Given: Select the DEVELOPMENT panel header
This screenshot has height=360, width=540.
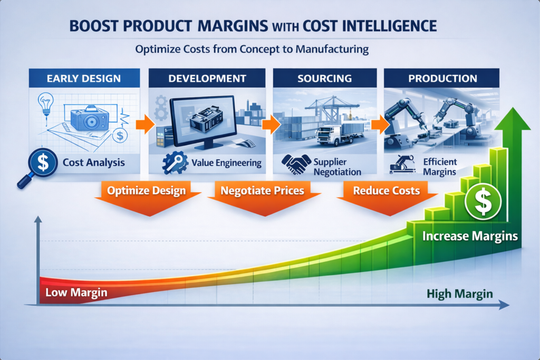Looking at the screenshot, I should tap(207, 79).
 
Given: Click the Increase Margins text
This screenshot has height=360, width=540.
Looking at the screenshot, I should tap(470, 236).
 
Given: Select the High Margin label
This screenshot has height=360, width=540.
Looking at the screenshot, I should tap(459, 293).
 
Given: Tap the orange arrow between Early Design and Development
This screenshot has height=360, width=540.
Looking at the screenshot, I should tap(143, 125).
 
